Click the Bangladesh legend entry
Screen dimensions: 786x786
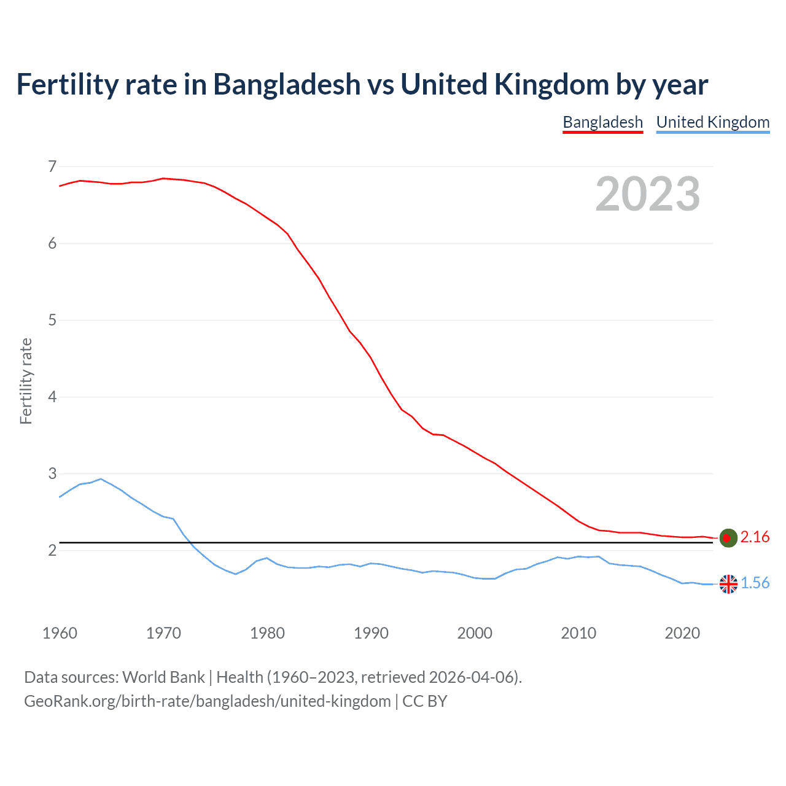coord(602,122)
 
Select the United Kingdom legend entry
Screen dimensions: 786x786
coord(712,122)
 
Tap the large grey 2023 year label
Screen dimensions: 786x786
coord(647,194)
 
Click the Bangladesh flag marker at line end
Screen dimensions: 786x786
coord(728,538)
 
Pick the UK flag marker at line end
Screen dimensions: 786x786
coord(728,584)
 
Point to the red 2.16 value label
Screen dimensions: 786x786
coord(755,537)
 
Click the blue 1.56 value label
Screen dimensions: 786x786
coord(755,583)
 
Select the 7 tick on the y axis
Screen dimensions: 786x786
coord(52,166)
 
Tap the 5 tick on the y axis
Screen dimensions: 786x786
coord(52,320)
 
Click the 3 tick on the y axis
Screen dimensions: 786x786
coord(52,473)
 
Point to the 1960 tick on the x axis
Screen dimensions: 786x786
coord(60,633)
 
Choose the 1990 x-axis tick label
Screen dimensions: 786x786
coord(371,633)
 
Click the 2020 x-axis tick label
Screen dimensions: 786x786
coord(682,633)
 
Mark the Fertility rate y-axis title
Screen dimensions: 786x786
coord(26,381)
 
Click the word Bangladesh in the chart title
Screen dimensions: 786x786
coord(287,84)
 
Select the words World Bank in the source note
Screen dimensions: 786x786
coord(163,677)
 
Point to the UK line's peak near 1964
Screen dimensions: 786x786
coord(101,479)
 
